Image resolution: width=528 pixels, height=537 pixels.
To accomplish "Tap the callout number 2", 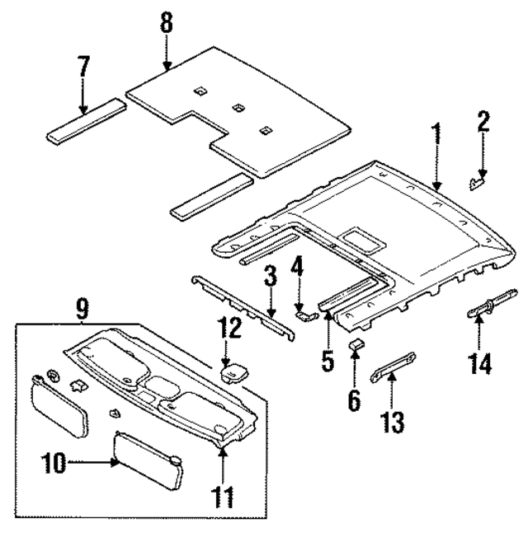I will [483, 123].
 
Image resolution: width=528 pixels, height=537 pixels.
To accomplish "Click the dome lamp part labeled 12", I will [233, 371].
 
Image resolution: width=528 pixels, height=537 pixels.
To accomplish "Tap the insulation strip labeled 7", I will [86, 121].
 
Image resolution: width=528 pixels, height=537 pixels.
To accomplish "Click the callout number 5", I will [328, 362].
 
